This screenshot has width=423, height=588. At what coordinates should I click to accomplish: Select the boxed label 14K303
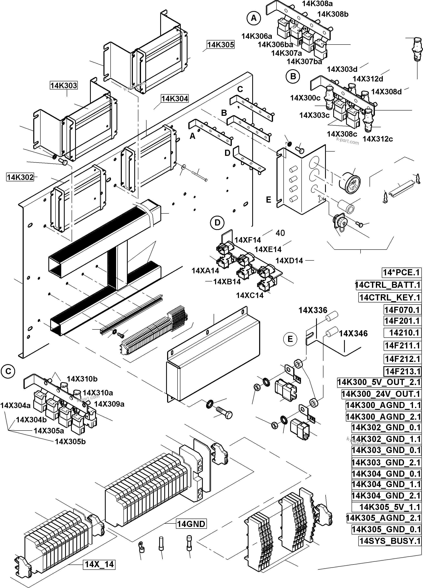[x=63, y=85]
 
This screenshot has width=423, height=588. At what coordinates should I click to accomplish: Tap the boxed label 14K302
[x=20, y=177]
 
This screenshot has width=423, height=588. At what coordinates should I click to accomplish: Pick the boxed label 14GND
[x=191, y=524]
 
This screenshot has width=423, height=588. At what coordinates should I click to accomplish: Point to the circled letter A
[x=254, y=18]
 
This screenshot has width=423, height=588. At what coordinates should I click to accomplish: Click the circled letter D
[x=217, y=222]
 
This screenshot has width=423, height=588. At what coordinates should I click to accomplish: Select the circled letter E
[x=290, y=339]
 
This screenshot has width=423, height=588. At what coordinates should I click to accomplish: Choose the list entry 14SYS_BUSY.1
[x=390, y=541]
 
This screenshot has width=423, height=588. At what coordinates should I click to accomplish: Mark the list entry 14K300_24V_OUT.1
[x=381, y=394]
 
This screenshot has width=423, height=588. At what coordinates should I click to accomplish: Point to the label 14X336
[x=313, y=310]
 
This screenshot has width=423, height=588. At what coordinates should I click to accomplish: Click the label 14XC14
[x=250, y=295]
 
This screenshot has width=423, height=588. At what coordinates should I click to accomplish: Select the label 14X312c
[x=377, y=139]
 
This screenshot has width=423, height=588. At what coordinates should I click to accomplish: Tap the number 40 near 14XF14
[x=280, y=233]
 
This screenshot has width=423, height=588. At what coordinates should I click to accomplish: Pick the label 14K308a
[x=317, y=4]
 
